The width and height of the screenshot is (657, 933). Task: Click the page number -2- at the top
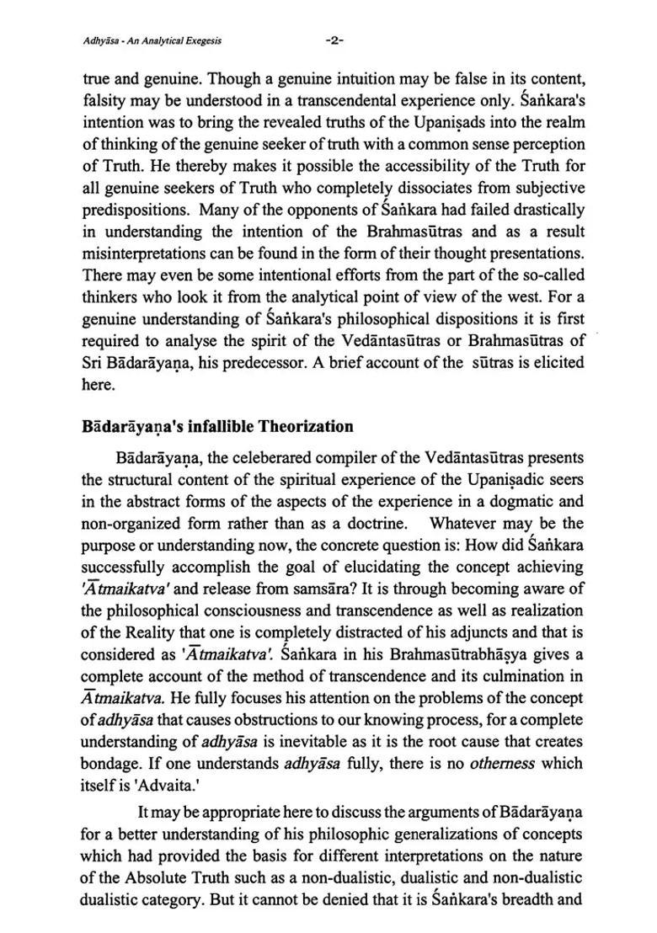pos(335,40)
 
